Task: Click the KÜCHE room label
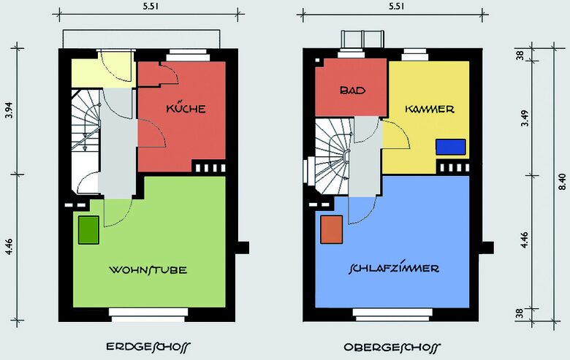186,109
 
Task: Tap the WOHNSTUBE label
148,270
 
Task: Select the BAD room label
353,90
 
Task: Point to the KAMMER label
430,109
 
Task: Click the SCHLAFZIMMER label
394,269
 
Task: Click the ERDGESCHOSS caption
148,347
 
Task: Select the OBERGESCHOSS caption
392,348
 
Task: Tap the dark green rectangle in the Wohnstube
88,230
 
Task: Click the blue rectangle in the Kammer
451,147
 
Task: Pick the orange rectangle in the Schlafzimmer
331,229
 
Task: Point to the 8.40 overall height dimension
562,182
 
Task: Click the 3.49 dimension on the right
525,118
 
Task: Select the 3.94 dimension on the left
9,110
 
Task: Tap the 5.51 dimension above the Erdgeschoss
151,6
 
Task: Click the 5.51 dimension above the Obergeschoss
396,6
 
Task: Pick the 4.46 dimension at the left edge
9,246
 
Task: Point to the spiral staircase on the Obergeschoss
332,156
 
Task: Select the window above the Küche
188,55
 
